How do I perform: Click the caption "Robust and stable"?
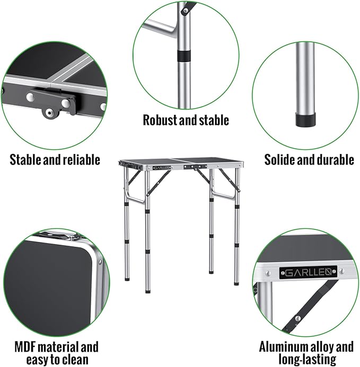pos(186,120)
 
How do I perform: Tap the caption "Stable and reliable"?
pos(55,159)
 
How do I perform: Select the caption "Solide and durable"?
pos(309,159)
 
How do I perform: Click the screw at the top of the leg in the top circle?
pos(183,10)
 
